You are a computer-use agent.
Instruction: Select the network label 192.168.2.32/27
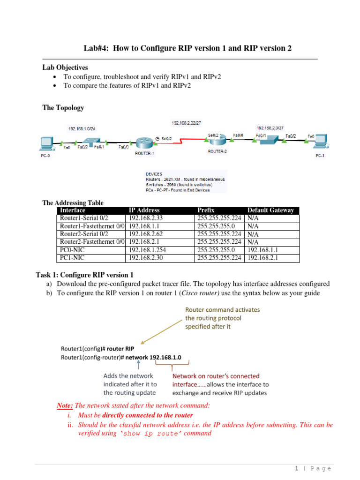coord(186,123)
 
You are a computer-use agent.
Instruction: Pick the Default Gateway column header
coord(270,210)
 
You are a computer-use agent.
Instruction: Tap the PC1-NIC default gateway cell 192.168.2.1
coord(262,258)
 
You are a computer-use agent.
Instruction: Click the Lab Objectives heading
coord(65,67)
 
